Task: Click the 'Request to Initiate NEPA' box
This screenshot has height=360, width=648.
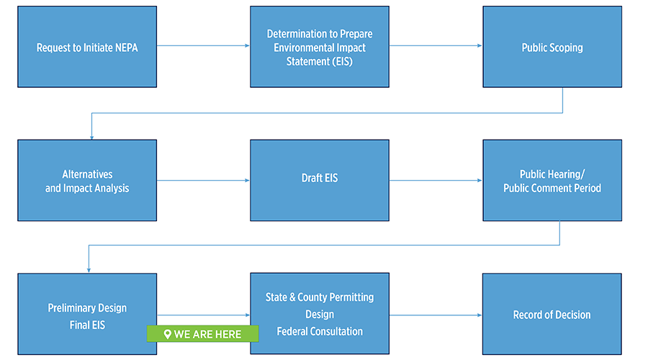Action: (86, 48)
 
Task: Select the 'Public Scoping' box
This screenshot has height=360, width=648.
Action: (552, 48)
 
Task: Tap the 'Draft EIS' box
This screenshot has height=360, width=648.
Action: (320, 179)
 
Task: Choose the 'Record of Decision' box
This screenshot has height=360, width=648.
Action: (552, 315)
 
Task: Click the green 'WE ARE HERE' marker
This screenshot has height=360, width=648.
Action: (202, 334)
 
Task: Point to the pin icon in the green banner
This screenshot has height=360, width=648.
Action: (167, 334)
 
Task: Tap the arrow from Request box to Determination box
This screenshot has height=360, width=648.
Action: (203, 45)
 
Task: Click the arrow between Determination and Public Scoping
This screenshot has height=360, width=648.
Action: (436, 45)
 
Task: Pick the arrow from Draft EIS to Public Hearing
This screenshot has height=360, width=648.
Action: (436, 180)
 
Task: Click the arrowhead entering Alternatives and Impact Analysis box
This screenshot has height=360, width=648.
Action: (91, 136)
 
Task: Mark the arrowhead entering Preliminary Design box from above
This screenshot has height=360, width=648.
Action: (89, 270)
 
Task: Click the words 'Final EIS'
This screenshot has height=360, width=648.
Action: (86, 325)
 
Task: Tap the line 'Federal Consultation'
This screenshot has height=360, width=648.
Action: (320, 331)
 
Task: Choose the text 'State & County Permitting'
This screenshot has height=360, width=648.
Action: (320, 297)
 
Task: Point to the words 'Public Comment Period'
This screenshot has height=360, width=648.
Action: (552, 188)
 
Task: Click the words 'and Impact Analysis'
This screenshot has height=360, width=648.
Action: (86, 188)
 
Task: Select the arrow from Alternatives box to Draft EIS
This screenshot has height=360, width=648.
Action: (203, 180)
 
